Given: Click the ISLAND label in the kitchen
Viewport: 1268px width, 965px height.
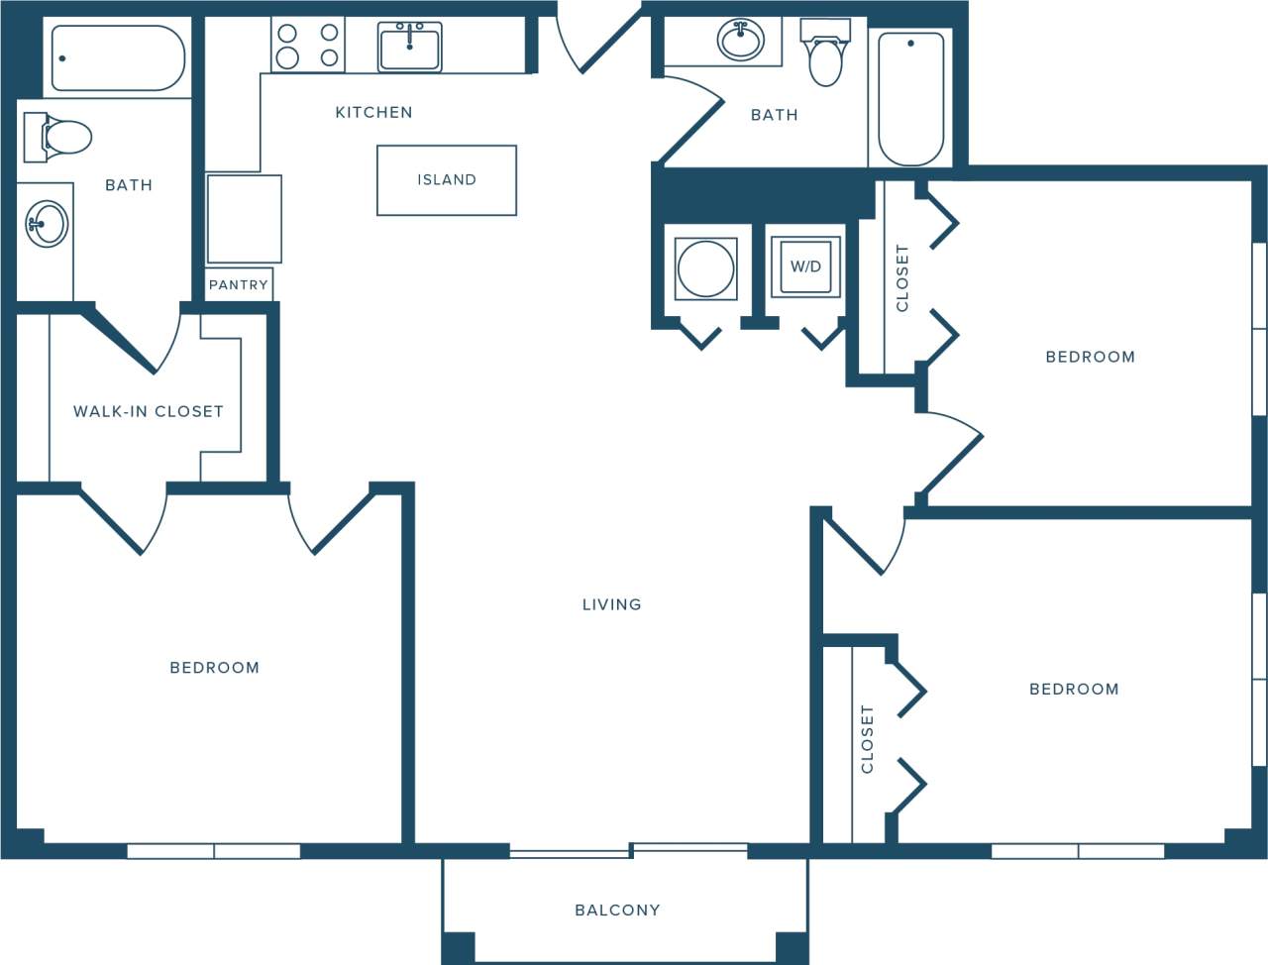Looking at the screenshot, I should point(446,179).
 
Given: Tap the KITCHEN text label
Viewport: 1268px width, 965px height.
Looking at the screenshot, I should point(373,112).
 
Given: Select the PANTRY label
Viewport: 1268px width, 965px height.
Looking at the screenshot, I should point(238,284).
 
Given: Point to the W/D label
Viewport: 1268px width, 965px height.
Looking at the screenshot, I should point(805,267).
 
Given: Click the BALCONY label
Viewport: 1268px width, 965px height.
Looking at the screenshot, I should point(617,910).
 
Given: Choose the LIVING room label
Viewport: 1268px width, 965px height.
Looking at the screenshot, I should point(611,604).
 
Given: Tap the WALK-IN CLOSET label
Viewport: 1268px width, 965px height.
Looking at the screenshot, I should point(148,411).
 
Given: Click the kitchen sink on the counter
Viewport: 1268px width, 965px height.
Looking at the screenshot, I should point(409,47).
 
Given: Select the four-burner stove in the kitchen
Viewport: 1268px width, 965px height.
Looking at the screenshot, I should point(308,46).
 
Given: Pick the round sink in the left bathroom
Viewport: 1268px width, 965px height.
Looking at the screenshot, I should point(46,223).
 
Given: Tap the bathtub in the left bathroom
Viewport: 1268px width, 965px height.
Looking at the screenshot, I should point(118,58).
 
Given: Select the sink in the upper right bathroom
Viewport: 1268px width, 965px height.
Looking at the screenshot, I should point(740,41).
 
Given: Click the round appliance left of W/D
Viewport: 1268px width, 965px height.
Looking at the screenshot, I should point(705,268).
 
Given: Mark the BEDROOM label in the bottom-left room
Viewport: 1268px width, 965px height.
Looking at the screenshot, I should point(214,668).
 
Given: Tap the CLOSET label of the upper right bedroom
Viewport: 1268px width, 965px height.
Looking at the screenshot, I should point(901,278).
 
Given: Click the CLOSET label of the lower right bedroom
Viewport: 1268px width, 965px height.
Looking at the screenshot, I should point(867,739).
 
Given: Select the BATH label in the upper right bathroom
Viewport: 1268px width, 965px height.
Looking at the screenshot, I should point(774,115).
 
